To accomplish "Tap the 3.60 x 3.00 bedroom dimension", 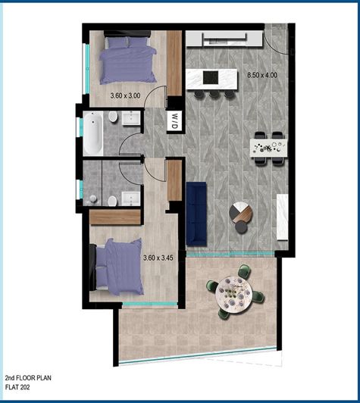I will coord(125,96).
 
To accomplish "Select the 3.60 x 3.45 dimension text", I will coord(158,258).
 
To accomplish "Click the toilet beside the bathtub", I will coord(112,117).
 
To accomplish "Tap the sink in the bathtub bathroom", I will coord(130,117).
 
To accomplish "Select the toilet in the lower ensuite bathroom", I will coord(112,199).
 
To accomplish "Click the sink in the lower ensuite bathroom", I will coord(130,199).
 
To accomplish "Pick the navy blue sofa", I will coord(196,213).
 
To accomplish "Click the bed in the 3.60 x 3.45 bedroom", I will coord(116,265).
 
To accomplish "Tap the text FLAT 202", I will coord(21,388).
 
